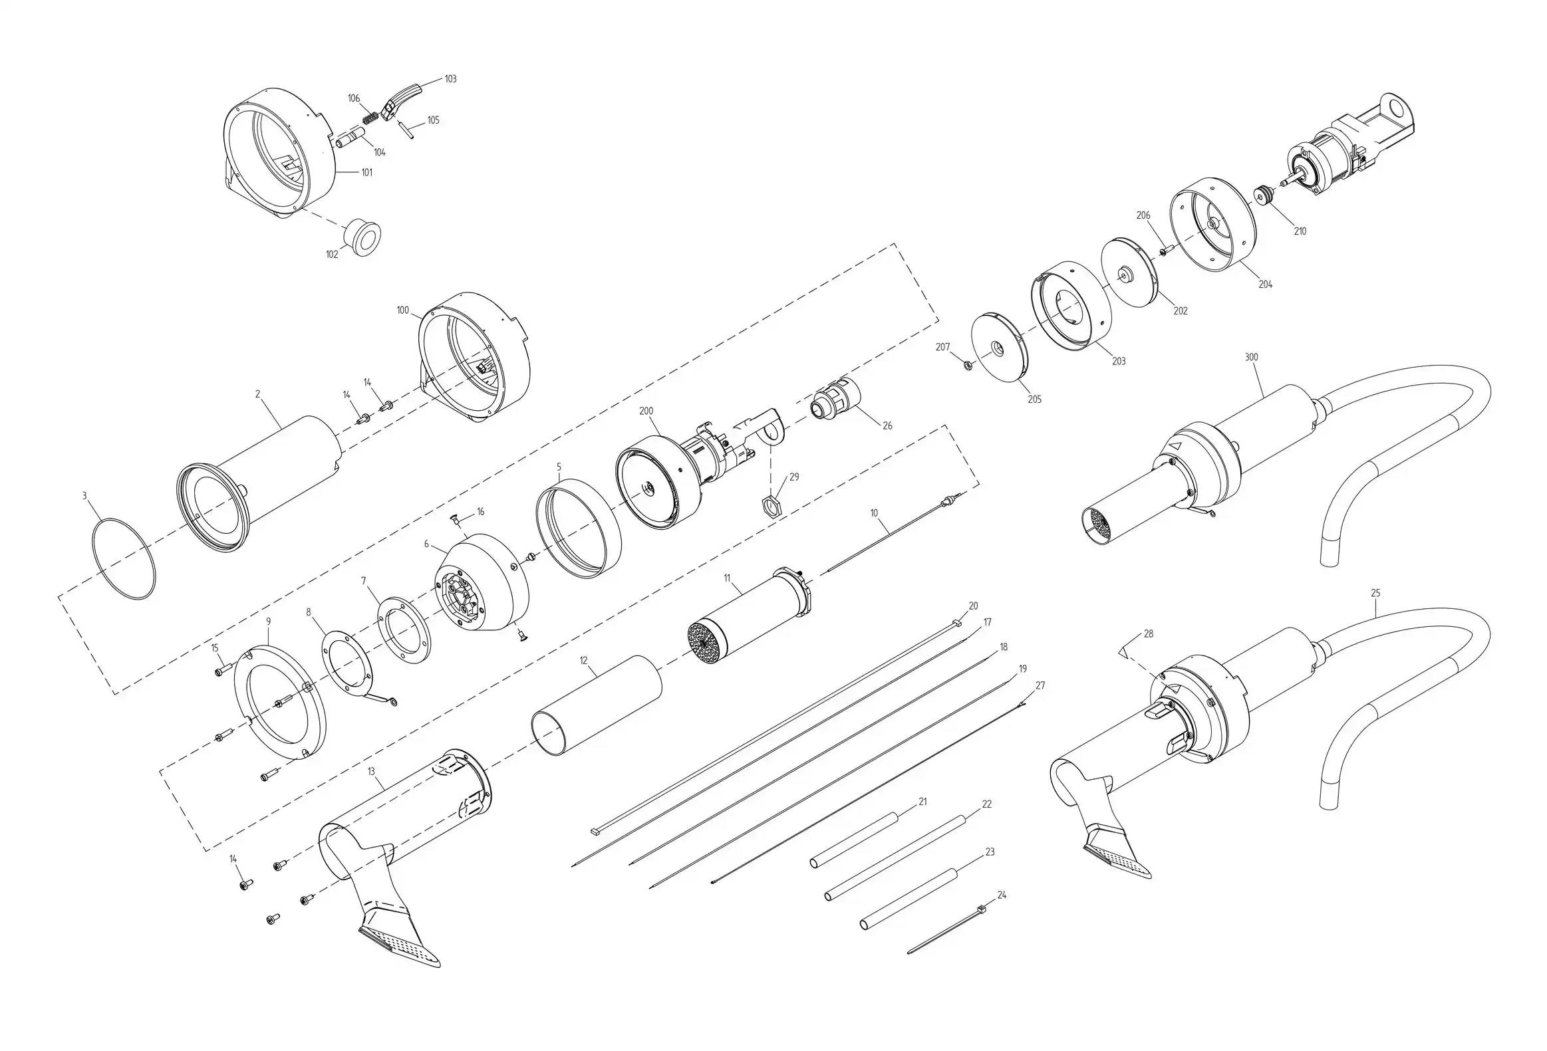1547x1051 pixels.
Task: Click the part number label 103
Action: [451, 79]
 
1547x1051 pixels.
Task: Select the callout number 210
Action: [1300, 231]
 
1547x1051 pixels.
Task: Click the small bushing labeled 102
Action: [362, 236]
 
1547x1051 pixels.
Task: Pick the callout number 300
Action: [1252, 357]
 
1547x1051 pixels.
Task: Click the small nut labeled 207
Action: [968, 364]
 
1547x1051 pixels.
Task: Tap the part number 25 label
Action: [1376, 593]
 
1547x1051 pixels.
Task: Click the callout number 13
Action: [371, 772]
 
